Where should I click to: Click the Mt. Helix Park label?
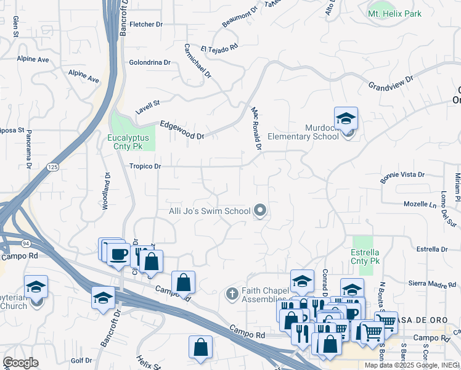click(396, 13)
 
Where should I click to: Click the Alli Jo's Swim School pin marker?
click(260, 211)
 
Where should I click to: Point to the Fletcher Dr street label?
click(145, 25)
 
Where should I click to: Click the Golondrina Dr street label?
click(150, 62)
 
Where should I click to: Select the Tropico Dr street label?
click(145, 166)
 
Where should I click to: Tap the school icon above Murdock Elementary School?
click(346, 118)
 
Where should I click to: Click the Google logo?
click(20, 363)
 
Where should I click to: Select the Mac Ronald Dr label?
click(256, 128)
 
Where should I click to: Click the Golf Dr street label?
click(81, 360)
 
